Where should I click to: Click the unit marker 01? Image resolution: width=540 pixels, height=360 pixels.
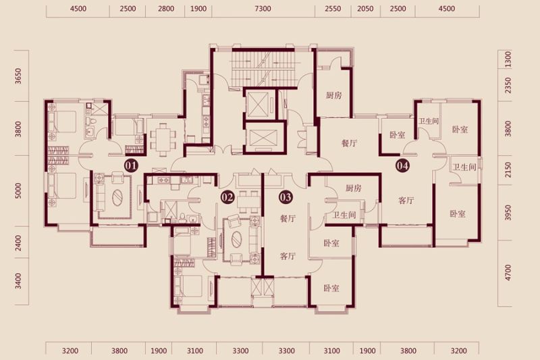[131, 166]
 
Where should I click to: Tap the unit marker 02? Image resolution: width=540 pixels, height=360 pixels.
[227, 197]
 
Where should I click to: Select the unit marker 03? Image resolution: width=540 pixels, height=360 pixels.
[286, 197]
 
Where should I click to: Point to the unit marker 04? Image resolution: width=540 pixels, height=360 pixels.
[402, 166]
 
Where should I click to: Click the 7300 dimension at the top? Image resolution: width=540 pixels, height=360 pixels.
[263, 9]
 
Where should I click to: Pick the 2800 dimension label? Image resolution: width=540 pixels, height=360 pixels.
[166, 9]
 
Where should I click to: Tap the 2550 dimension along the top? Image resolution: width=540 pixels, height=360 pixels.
[333, 9]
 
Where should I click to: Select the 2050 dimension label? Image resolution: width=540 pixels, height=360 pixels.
[365, 9]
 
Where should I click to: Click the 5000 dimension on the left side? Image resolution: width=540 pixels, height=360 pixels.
[18, 190]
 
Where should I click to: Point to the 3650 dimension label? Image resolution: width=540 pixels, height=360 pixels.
[18, 76]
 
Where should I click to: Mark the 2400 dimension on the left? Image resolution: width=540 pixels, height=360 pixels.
[18, 243]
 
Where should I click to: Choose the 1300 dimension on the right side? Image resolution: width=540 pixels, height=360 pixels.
[508, 59]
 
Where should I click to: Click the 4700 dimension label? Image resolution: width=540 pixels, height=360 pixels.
[508, 272]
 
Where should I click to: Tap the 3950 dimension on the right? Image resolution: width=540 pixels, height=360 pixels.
[508, 213]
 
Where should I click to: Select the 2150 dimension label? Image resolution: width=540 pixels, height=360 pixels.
[508, 170]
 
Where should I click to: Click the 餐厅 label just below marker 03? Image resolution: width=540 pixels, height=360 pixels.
[288, 218]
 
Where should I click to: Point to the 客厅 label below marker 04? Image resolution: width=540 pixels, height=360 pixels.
[406, 201]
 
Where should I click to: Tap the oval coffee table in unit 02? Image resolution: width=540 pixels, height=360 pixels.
[237, 239]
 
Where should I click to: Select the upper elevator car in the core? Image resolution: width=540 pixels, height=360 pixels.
[258, 104]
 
